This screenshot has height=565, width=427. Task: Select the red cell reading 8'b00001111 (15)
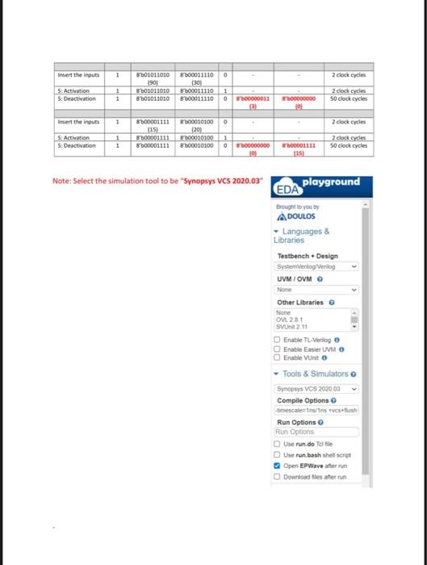coord(298,149)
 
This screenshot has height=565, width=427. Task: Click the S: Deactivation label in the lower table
coord(78,146)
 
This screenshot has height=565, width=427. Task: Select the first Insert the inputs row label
coord(78,75)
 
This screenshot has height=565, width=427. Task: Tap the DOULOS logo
coord(295,216)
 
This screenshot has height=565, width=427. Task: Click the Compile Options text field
coord(316,411)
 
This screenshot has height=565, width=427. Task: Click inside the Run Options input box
coord(316,432)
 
